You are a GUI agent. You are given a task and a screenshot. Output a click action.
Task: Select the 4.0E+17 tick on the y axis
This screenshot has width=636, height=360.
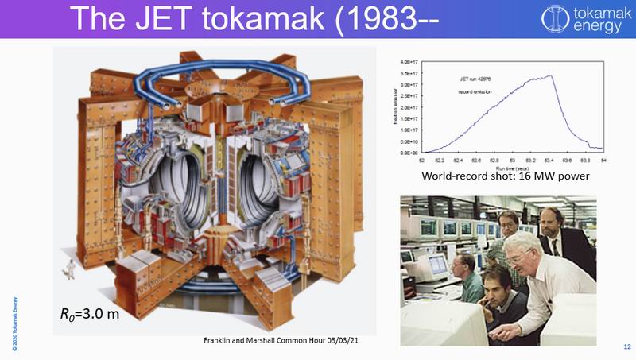[x=410, y=61]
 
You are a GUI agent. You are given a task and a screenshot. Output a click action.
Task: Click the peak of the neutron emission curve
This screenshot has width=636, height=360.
[x=550, y=77]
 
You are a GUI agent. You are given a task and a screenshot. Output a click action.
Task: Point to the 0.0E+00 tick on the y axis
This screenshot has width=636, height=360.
[x=410, y=152]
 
